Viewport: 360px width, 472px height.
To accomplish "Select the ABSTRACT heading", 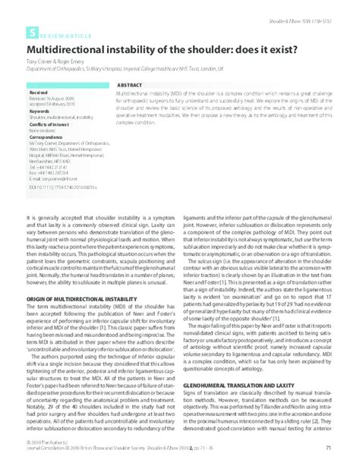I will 130,85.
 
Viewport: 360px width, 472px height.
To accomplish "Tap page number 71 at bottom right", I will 327,448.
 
